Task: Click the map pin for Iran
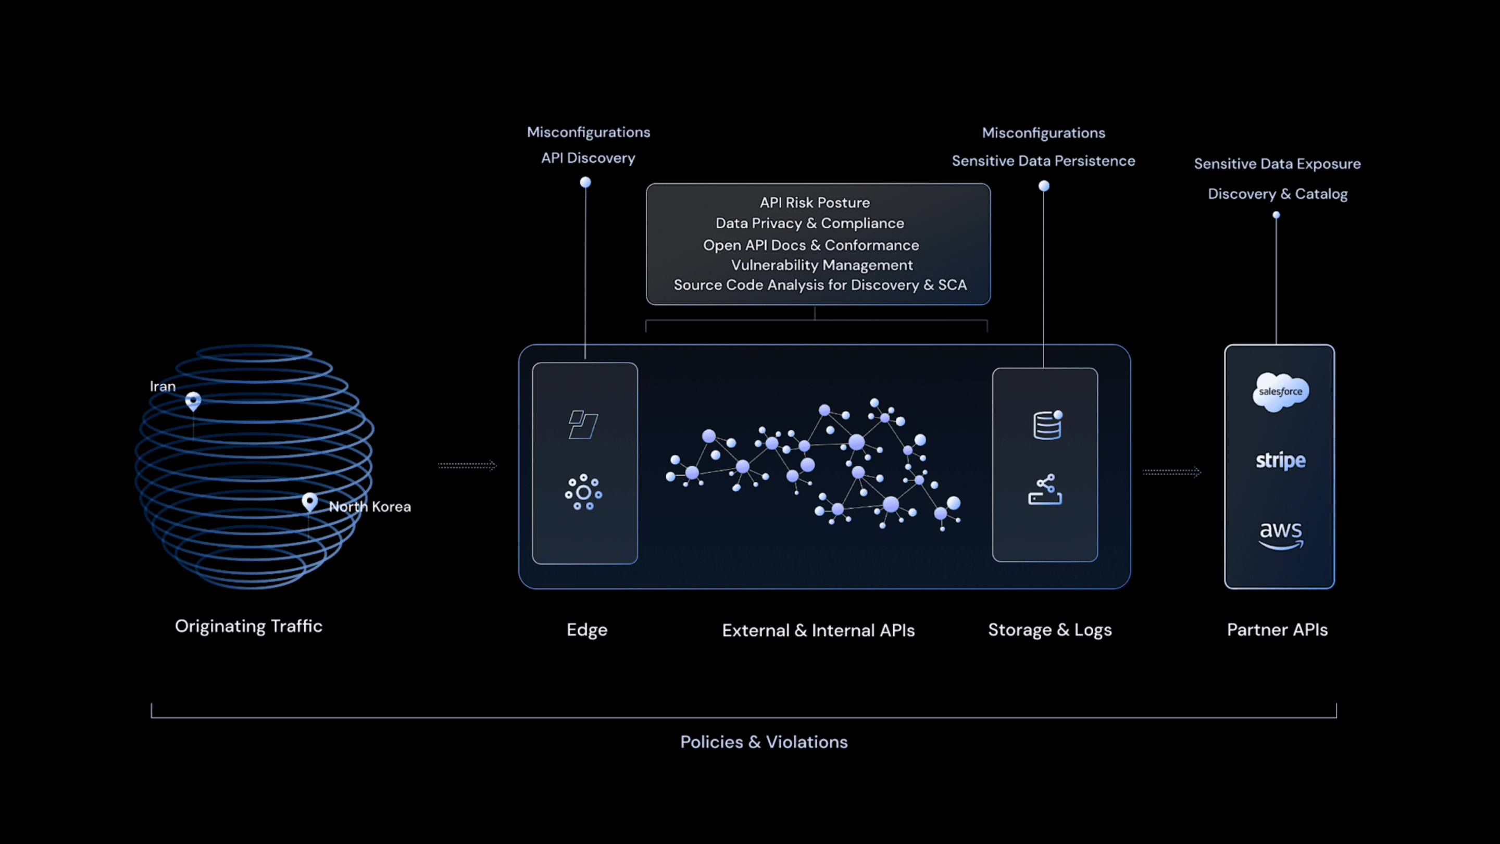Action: pos(193,401)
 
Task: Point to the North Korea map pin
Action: pos(309,502)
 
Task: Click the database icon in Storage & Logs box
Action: pos(1047,425)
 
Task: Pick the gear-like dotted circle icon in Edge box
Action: pos(583,493)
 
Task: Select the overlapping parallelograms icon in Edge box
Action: pos(583,425)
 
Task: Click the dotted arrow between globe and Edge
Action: pos(467,465)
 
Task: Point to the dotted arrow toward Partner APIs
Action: pos(1171,472)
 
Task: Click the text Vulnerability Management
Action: pos(822,265)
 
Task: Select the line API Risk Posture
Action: pos(815,203)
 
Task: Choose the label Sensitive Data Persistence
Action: pos(1043,161)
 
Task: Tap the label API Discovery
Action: pos(588,158)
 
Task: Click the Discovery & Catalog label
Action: pos(1278,194)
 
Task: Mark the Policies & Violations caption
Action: pos(764,742)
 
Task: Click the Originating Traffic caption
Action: pos(248,626)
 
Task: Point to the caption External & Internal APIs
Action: pos(818,630)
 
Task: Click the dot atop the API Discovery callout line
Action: pos(585,182)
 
